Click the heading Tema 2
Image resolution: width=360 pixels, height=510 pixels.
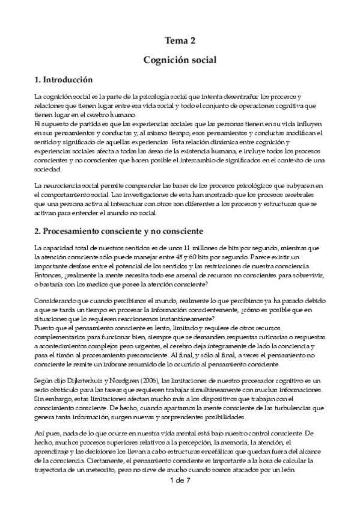(180, 41)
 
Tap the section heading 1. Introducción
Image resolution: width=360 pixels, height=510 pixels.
(64, 79)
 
